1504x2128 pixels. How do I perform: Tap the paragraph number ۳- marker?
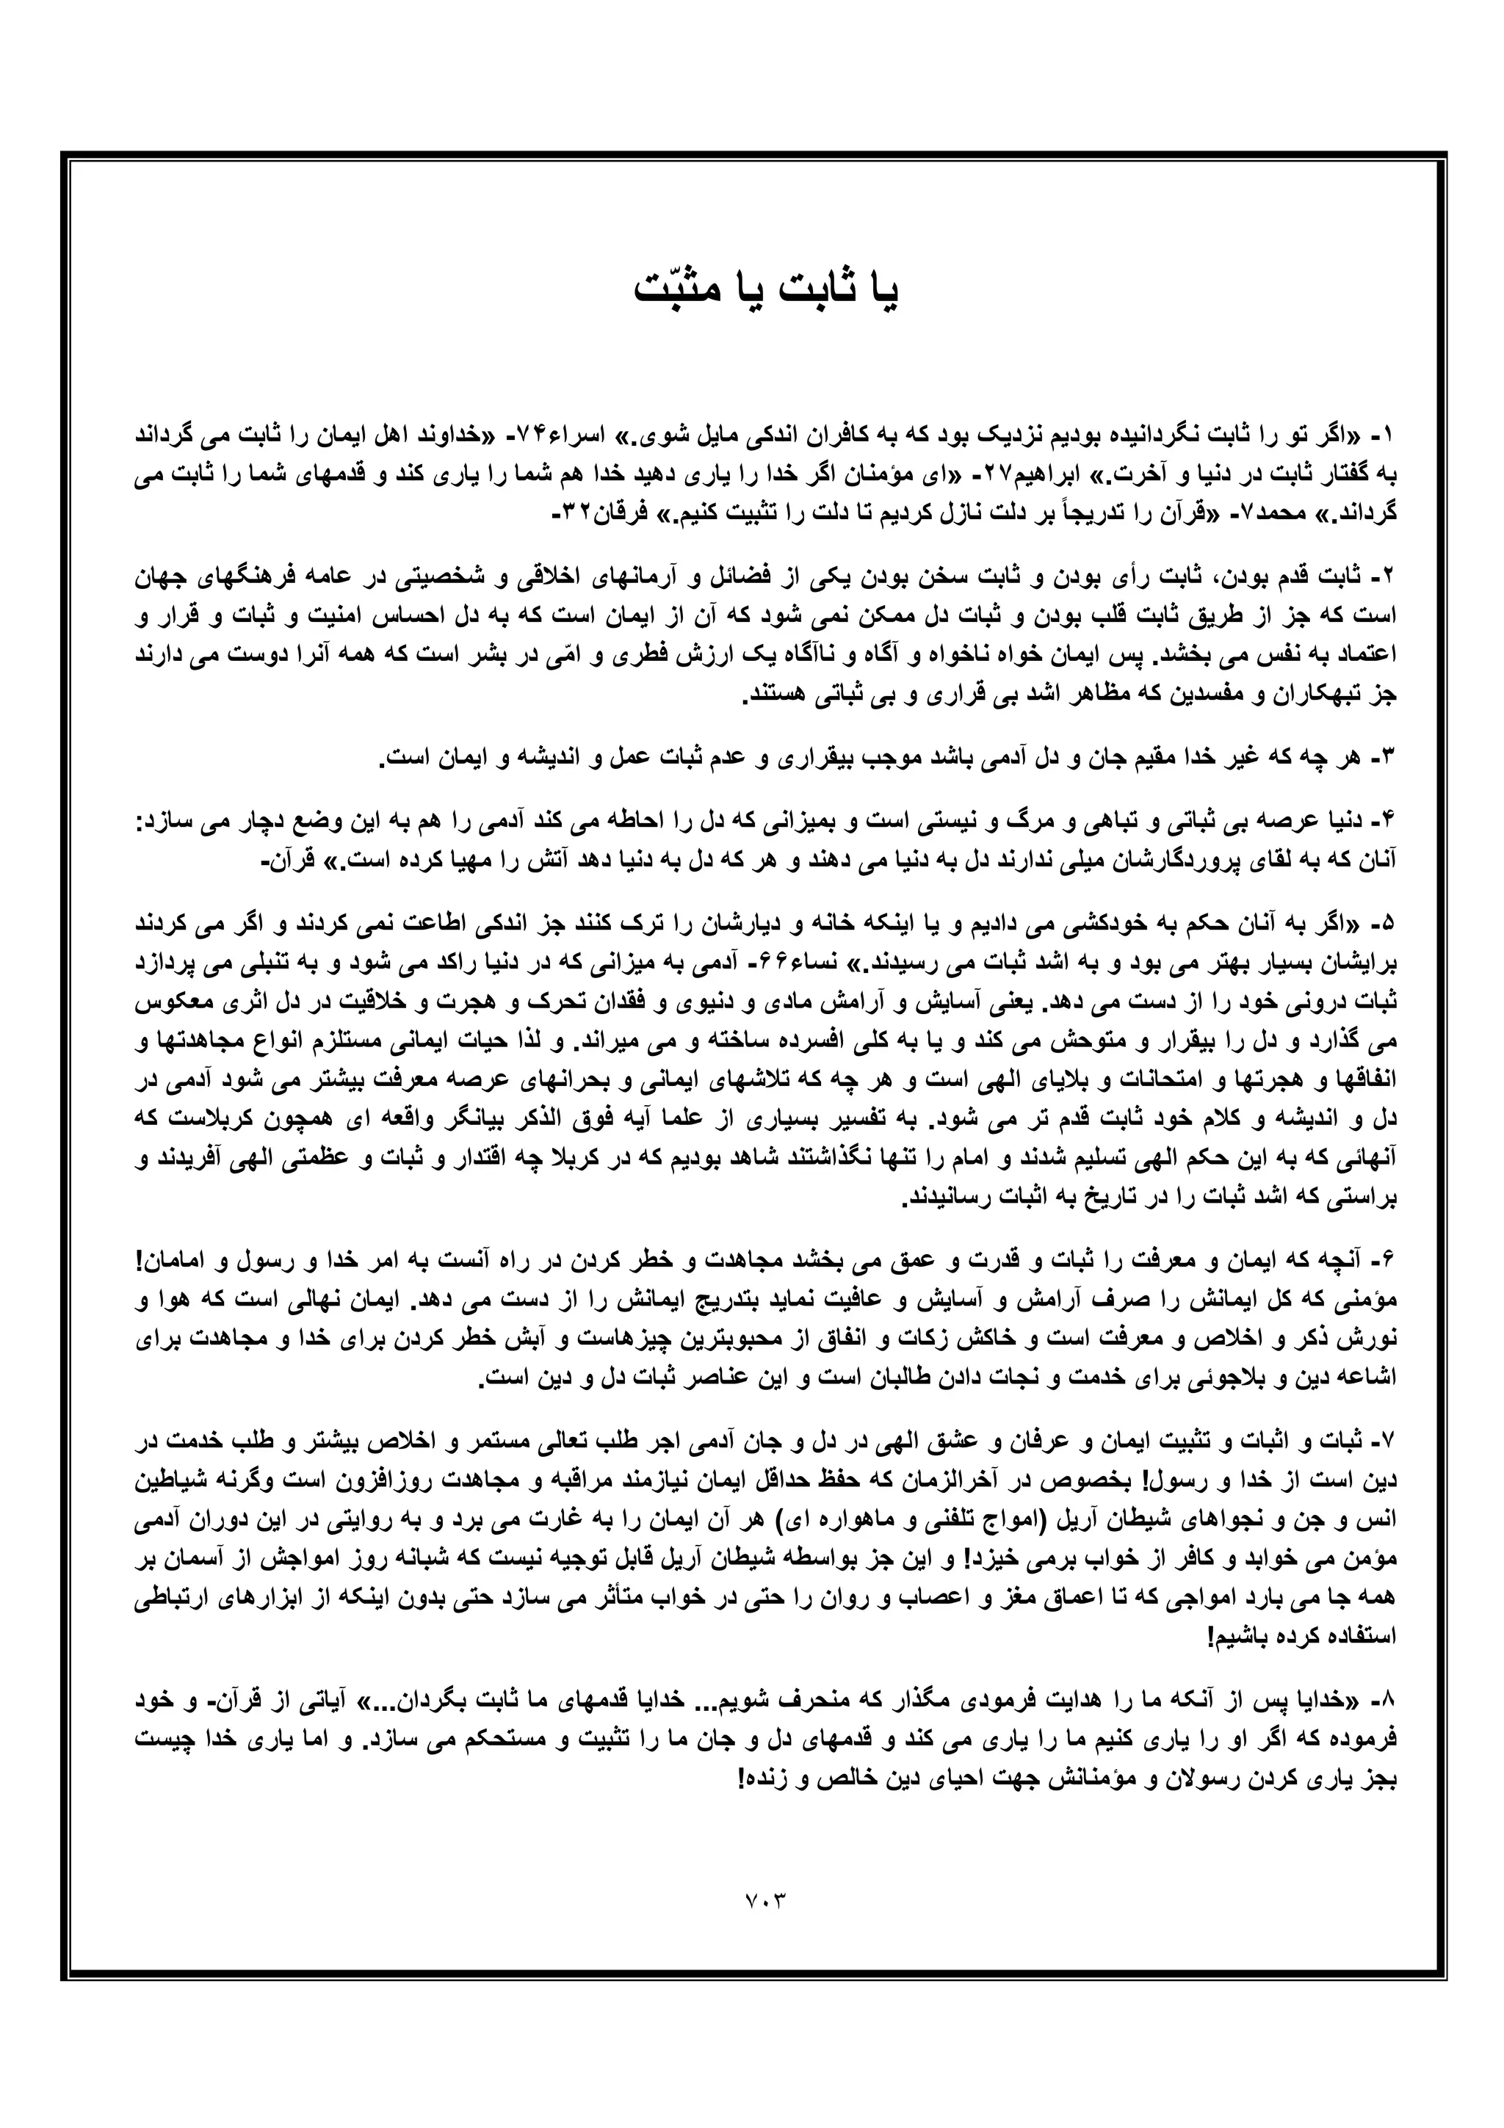click(x=1384, y=757)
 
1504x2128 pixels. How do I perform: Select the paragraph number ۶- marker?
click(x=1384, y=1262)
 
